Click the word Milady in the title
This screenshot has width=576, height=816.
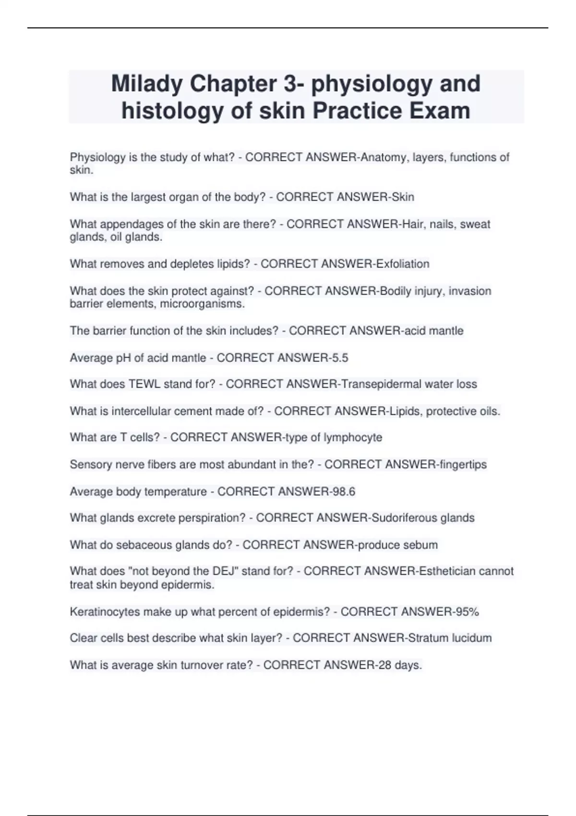coord(147,84)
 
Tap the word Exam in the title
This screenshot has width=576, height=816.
coord(440,111)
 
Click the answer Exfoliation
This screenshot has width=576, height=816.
coord(403,264)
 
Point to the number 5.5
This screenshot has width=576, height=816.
coord(340,358)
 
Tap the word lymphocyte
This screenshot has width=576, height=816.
coord(353,438)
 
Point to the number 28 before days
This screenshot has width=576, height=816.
coord(384,665)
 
